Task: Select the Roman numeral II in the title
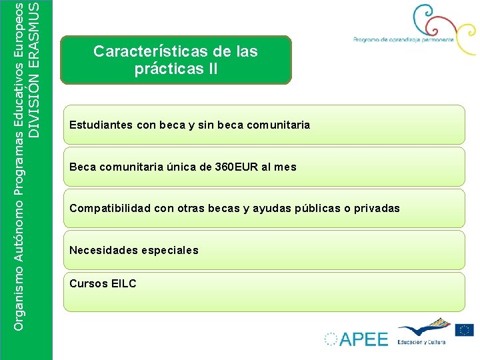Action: pos(211,69)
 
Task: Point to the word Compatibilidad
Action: pos(110,208)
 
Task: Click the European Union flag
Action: pos(465,329)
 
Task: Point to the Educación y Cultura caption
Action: pos(421,341)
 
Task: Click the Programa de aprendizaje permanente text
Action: pos(404,39)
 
